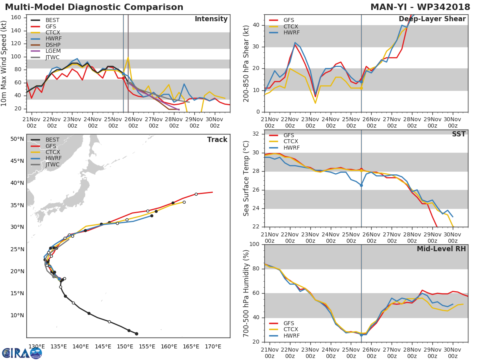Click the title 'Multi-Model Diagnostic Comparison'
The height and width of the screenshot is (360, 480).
(x=94, y=7)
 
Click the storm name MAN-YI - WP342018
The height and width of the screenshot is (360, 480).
(x=420, y=7)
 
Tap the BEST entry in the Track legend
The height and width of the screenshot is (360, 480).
(x=52, y=140)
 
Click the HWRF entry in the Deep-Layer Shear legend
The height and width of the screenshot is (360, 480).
(x=291, y=33)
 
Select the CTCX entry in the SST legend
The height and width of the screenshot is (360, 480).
(x=290, y=142)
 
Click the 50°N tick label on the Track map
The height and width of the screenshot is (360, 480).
(x=17, y=139)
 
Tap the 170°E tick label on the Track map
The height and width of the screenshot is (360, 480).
(x=213, y=346)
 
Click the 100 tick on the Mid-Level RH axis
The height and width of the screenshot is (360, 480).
(x=254, y=244)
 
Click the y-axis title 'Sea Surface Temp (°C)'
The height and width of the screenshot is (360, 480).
(x=246, y=178)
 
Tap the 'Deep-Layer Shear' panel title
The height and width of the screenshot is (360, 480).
(x=432, y=19)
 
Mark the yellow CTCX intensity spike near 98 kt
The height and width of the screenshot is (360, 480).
(x=128, y=58)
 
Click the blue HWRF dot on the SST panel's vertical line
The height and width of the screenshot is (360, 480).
(x=361, y=185)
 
